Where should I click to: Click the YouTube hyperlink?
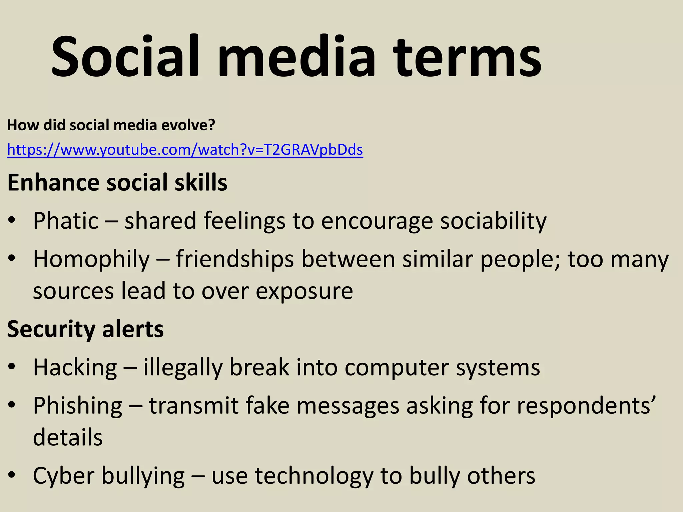pos(185,150)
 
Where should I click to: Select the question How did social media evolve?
pos(111,125)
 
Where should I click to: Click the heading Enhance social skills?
pos(117,183)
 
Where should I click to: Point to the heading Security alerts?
pos(85,329)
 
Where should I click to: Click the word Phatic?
pos(66,221)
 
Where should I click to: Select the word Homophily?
pos(91,260)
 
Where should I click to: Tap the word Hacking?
pos(75,368)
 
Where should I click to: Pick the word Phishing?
pos(78,406)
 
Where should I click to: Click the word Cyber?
pos(63,476)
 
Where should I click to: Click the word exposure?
pos(304,291)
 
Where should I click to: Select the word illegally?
pos(183,368)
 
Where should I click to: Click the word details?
pos(68,437)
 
